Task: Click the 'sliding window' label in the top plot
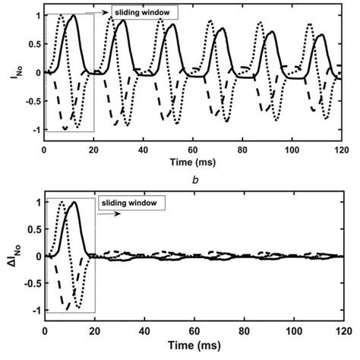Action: pyautogui.click(x=144, y=12)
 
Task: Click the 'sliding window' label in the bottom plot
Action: pyautogui.click(x=131, y=204)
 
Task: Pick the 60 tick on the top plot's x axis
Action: pyautogui.click(x=194, y=149)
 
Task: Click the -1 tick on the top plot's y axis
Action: pyautogui.click(x=33, y=130)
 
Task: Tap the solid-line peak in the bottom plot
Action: pyautogui.click(x=74, y=203)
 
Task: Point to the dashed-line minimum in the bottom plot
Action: pyautogui.click(x=66, y=308)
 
